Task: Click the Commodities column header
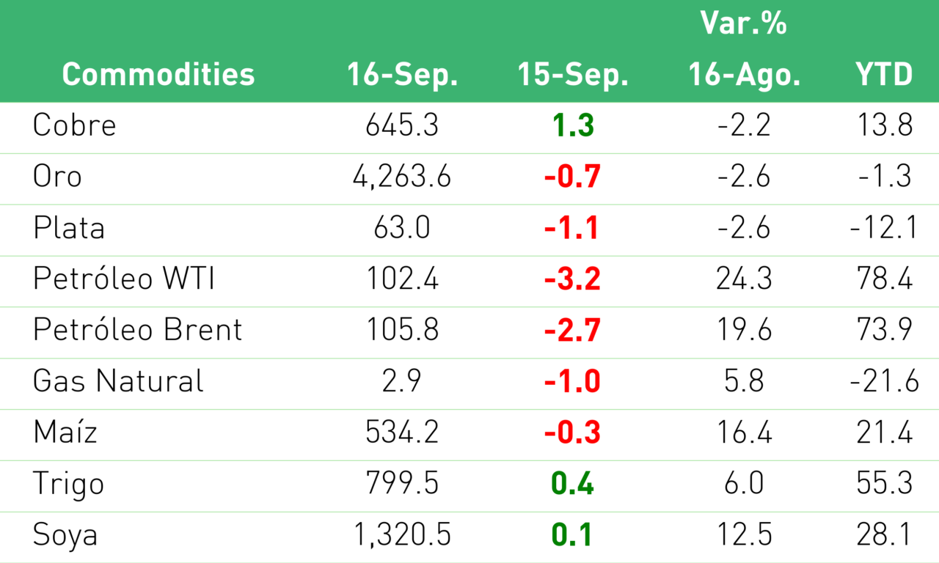tap(158, 74)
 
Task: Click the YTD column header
tap(884, 74)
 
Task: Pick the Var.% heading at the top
tap(744, 23)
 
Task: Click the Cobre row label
tap(74, 125)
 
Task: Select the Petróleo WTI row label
tap(124, 278)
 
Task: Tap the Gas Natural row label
tap(118, 380)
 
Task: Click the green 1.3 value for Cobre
tap(573, 125)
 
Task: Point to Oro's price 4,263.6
tap(402, 177)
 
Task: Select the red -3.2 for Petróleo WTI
tap(572, 279)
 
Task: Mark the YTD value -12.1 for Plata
tap(884, 227)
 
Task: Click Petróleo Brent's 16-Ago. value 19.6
tap(744, 330)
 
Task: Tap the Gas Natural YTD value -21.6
tap(884, 381)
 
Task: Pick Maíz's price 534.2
tap(402, 433)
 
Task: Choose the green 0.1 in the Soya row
tap(571, 535)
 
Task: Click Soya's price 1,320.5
tap(402, 535)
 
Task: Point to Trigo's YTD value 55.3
tap(885, 483)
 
